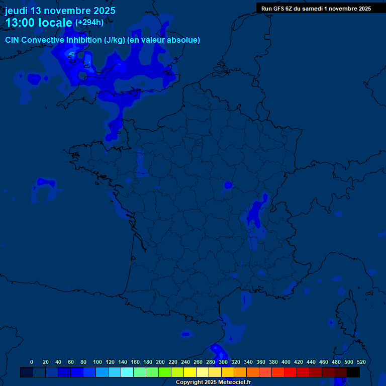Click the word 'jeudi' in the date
pyautogui.click(x=16, y=11)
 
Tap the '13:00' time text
pyautogui.click(x=21, y=23)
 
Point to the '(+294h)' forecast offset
pyautogui.click(x=89, y=23)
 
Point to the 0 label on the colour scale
pyautogui.click(x=32, y=362)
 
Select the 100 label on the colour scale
pyautogui.click(x=98, y=362)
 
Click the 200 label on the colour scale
pyautogui.click(x=160, y=362)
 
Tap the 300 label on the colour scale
pyautogui.click(x=223, y=362)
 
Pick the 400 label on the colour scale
pyautogui.click(x=286, y=362)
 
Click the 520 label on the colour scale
pyautogui.click(x=361, y=362)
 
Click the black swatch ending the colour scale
pyautogui.click(x=353, y=372)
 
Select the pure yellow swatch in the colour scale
pyautogui.click(x=190, y=372)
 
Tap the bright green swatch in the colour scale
pyautogui.click(x=165, y=372)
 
